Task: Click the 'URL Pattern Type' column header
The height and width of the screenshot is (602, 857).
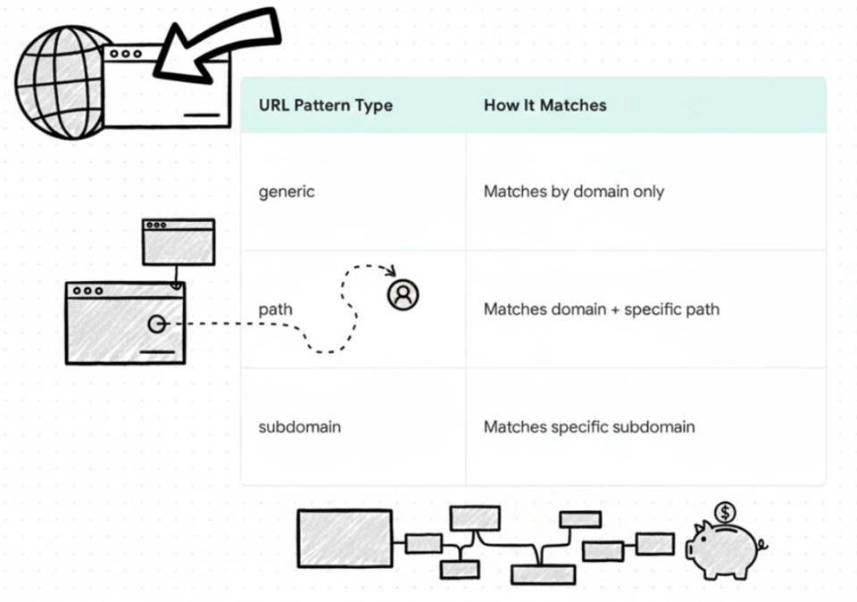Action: [325, 105]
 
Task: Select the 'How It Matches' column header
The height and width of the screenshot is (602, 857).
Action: [545, 105]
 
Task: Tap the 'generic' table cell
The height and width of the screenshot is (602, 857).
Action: [287, 192]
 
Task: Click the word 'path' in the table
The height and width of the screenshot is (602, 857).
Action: [275, 309]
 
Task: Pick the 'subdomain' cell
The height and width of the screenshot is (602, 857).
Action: [299, 427]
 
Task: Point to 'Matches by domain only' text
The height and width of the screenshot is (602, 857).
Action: [573, 192]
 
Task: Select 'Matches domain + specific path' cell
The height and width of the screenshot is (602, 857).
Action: [601, 309]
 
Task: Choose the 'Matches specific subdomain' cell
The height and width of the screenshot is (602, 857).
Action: [588, 427]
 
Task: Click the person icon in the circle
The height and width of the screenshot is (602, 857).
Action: [403, 293]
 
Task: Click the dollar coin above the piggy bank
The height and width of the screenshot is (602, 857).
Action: [725, 513]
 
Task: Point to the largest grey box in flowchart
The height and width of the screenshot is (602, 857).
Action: [344, 538]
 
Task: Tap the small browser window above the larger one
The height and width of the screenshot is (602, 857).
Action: [179, 242]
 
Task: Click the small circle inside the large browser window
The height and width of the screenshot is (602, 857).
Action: [157, 324]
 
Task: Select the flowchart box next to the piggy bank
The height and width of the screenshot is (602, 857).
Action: [654, 543]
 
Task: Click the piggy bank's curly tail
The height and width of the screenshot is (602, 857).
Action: [761, 542]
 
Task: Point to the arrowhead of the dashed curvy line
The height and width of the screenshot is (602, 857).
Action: [389, 269]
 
